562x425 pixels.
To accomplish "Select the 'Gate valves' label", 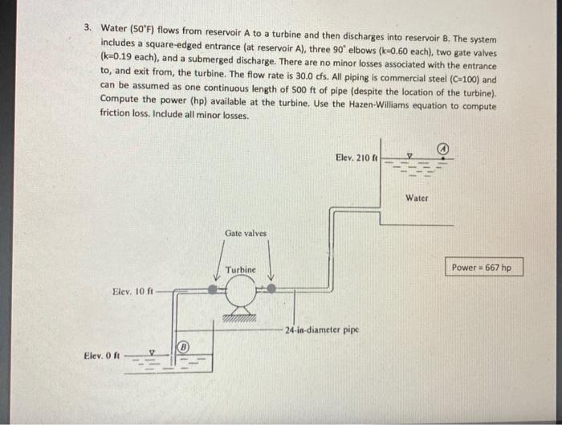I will tap(246, 233).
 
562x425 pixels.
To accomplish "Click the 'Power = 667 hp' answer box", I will tap(482, 268).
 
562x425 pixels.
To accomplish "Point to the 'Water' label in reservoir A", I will tap(417, 197).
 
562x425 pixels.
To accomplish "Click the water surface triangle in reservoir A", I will tap(410, 155).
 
